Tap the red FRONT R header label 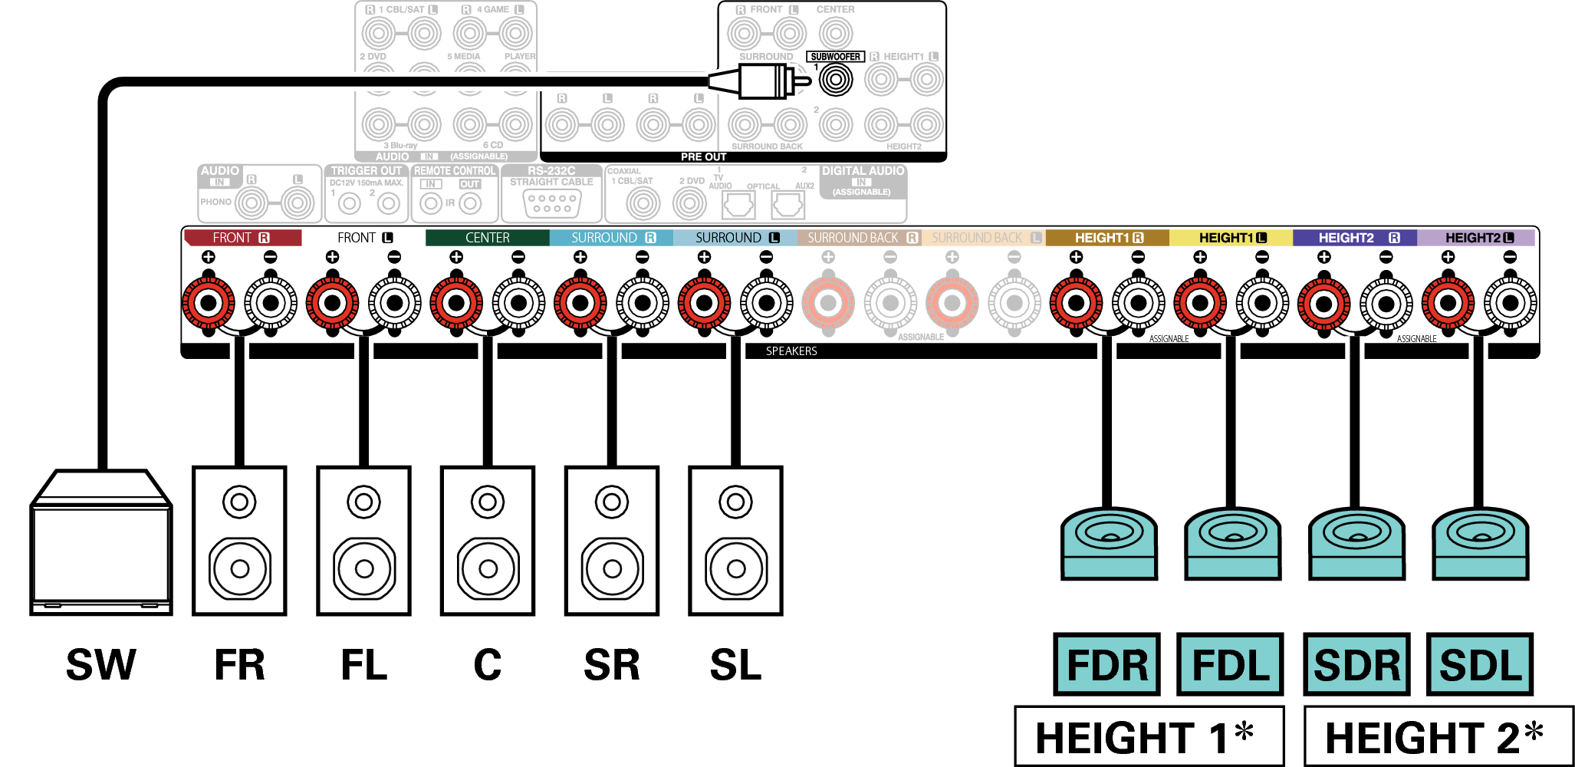point(242,238)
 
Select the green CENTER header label point(487,238)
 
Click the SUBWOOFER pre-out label point(835,57)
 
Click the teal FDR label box point(1106,664)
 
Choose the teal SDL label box point(1480,664)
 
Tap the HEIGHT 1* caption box point(1148,737)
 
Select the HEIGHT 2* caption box point(1436,737)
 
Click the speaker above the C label point(488,541)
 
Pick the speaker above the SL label point(735,541)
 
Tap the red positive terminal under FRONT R point(208,303)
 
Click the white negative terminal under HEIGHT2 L point(1510,303)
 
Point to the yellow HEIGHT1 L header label point(1231,238)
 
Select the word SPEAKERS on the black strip point(791,351)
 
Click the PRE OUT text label point(703,156)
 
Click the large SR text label point(611,664)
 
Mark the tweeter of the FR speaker point(239,502)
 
